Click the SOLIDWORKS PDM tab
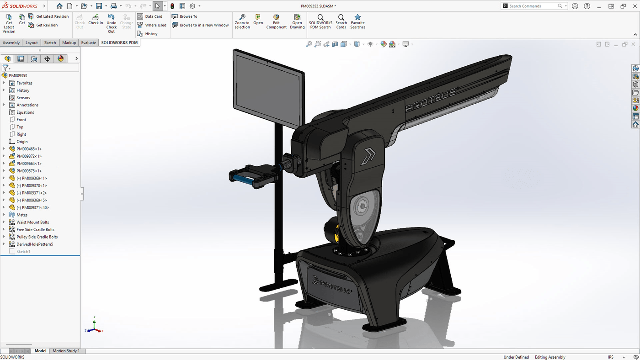pyautogui.click(x=119, y=42)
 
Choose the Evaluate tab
pyautogui.click(x=89, y=42)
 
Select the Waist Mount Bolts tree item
pyautogui.click(x=32, y=222)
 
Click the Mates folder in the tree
pyautogui.click(x=21, y=215)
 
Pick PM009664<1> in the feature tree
pyautogui.click(x=29, y=164)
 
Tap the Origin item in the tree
pyautogui.click(x=22, y=142)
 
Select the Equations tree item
pyautogui.click(x=25, y=112)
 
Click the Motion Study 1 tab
pyautogui.click(x=66, y=351)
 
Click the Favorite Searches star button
pyautogui.click(x=357, y=21)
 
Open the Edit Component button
pyautogui.click(x=276, y=21)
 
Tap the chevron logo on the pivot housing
pyautogui.click(x=368, y=155)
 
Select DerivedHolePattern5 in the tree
pyautogui.click(x=35, y=244)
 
